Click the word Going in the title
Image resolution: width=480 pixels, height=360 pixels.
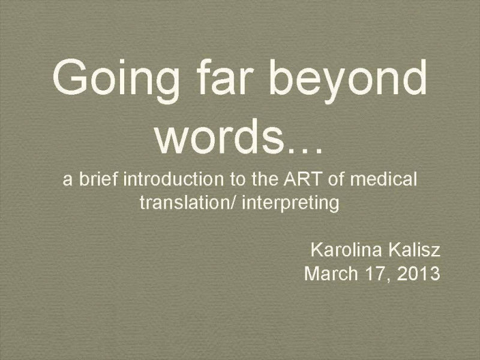[116, 81]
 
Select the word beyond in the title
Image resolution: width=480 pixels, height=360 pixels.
[348, 81]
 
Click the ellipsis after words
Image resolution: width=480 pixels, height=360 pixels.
[303, 150]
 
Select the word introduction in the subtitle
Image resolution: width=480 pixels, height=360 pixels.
[173, 179]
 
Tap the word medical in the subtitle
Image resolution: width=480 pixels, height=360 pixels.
[383, 179]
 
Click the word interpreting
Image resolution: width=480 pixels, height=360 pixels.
[290, 203]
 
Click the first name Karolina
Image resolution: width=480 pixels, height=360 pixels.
[346, 250]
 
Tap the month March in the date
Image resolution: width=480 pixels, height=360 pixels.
[331, 273]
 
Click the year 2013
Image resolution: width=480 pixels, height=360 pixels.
[418, 274]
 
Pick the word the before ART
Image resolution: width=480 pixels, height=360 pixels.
[265, 179]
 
